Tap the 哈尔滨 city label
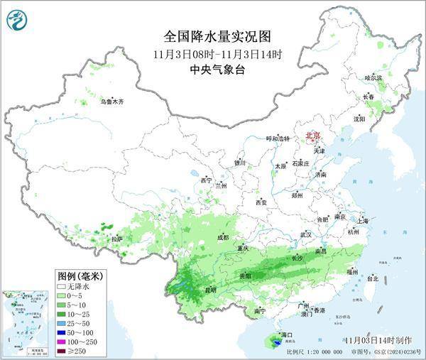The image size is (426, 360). (373, 77)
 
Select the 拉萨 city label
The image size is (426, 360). (116, 239)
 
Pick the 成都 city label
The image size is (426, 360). (223, 237)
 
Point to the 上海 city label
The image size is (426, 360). (365, 221)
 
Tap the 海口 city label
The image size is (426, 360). (287, 334)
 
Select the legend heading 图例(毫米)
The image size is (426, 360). (80, 275)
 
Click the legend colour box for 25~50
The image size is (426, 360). (63, 322)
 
